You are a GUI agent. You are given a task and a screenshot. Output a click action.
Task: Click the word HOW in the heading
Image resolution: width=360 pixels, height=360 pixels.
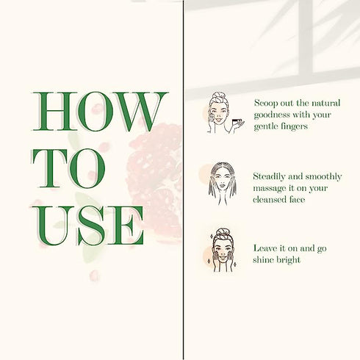pyautogui.click(x=100, y=112)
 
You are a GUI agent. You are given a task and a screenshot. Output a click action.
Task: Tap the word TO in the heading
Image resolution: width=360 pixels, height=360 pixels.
pyautogui.click(x=69, y=168)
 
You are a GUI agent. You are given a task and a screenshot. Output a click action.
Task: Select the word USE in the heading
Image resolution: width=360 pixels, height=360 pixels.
pyautogui.click(x=87, y=226)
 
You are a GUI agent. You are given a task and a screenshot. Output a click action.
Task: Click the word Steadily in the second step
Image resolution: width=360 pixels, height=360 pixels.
pyautogui.click(x=269, y=176)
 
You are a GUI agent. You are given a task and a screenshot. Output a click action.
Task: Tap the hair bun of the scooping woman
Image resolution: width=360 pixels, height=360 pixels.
pyautogui.click(x=218, y=95)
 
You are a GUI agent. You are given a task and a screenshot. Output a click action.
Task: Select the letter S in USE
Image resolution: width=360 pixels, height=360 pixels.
pyautogui.click(x=91, y=226)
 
